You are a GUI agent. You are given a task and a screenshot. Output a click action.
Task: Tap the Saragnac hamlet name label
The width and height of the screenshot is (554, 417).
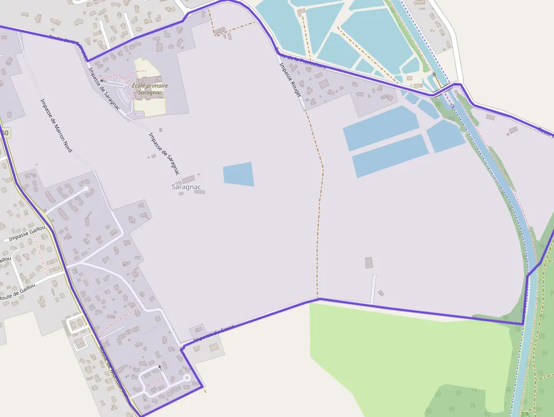[186, 187]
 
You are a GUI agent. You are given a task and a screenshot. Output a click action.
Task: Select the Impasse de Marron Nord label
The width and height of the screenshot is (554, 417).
[56, 125]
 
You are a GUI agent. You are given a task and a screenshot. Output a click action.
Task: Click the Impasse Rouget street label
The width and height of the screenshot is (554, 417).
[290, 80]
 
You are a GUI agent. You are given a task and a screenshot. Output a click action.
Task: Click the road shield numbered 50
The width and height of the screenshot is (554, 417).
[5, 132]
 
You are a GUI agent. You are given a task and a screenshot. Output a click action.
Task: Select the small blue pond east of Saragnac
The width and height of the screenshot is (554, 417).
[238, 174]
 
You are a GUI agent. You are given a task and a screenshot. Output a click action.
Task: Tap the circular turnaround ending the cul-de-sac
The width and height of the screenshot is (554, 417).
[187, 377]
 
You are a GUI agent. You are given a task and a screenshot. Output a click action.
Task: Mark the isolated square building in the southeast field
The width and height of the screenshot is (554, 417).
[369, 263]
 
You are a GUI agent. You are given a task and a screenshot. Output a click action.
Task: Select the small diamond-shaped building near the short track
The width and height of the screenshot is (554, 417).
[381, 293]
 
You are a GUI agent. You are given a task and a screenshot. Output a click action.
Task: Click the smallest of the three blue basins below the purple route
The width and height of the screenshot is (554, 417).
[445, 136]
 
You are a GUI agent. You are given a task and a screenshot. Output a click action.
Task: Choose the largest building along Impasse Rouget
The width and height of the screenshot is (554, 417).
[324, 84]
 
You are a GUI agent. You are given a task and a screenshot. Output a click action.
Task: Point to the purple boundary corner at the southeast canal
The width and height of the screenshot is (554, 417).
[522, 324]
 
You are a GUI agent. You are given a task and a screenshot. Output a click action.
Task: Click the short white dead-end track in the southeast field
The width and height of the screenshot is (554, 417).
[373, 289]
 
